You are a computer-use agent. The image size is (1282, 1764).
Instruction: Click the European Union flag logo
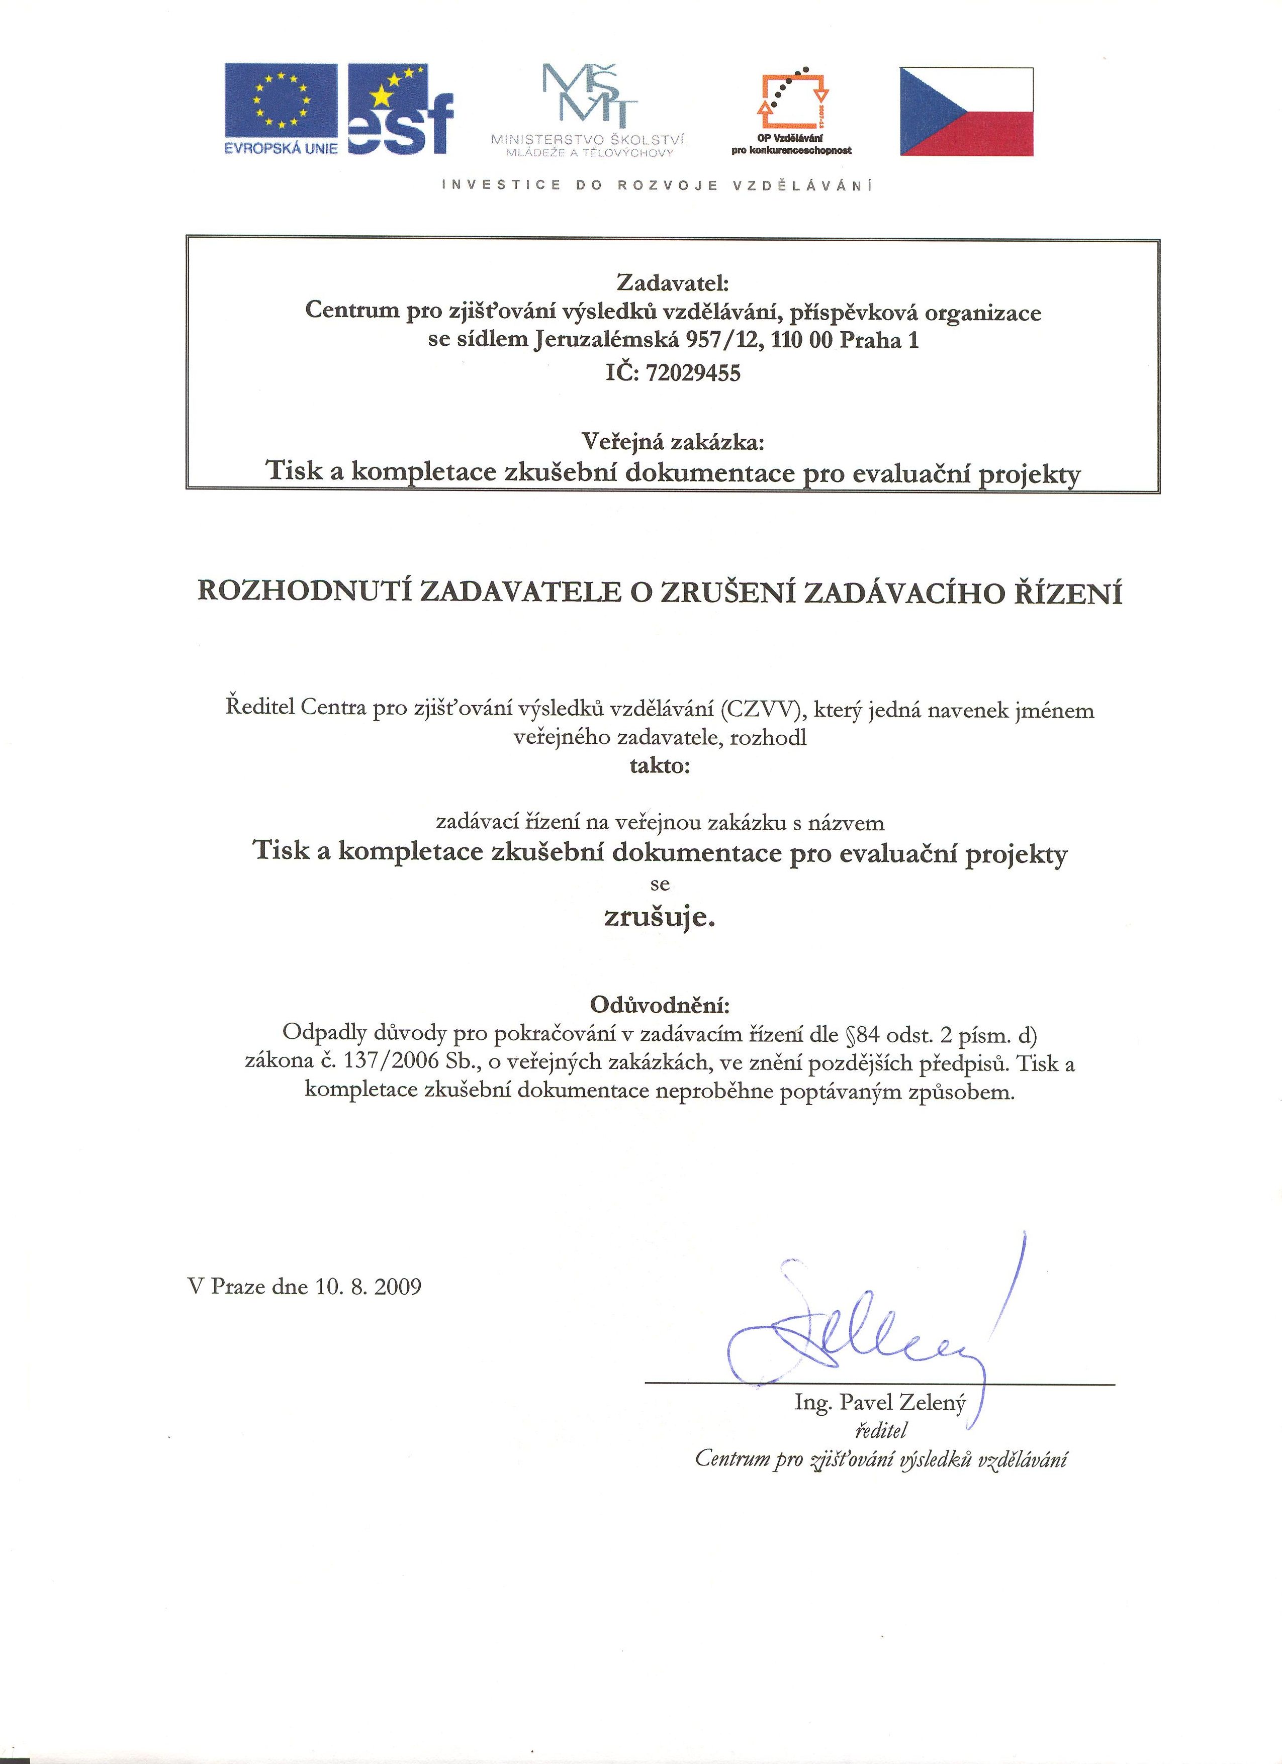[x=281, y=108]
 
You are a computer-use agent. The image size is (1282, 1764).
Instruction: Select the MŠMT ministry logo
[x=590, y=109]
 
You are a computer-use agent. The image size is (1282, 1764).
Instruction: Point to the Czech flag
[x=967, y=111]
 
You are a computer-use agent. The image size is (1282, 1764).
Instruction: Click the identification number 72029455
[x=688, y=373]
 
